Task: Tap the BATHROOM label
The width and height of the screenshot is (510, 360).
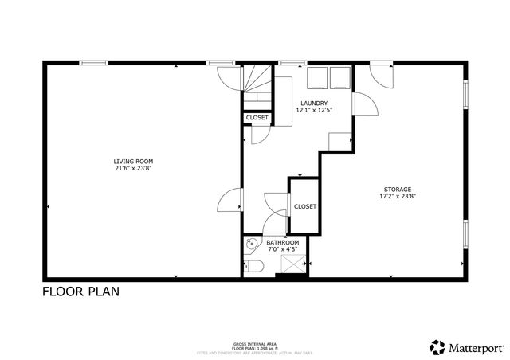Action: pos(282,242)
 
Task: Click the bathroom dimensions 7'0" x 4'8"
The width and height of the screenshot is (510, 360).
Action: pos(282,249)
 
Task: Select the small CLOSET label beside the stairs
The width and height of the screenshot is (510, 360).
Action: pos(257,118)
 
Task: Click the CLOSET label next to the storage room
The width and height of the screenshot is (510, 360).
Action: pos(304,206)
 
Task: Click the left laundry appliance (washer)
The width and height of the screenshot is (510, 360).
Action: pos(318,76)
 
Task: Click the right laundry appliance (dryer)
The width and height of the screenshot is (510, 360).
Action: pos(340,76)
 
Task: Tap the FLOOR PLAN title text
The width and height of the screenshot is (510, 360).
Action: pos(80,292)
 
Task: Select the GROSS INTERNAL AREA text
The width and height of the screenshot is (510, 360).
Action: pos(254,341)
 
